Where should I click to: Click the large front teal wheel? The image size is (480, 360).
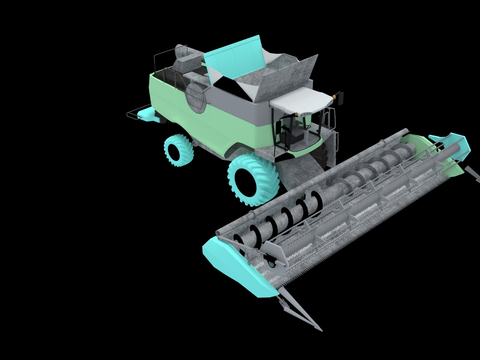click(250, 180)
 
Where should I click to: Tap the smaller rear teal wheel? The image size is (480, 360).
click(179, 150)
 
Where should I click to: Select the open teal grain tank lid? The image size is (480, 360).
click(236, 56)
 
